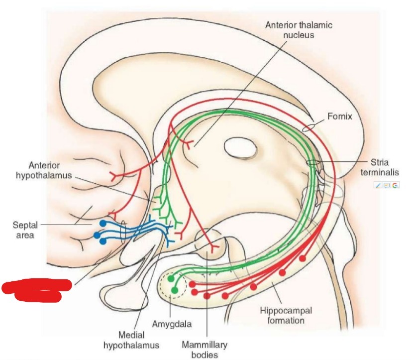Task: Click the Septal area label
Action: coord(24,230)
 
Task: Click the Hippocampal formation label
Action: coord(286,315)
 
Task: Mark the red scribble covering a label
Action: coord(37,290)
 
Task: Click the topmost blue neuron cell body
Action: coord(103,224)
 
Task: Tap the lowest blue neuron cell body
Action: coord(103,241)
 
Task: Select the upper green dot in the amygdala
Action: coord(171,279)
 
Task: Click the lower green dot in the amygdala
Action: coord(175,290)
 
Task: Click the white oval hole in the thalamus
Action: coord(239,147)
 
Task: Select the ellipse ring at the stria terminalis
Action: coord(312,162)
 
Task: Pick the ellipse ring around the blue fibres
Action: coord(123,233)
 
